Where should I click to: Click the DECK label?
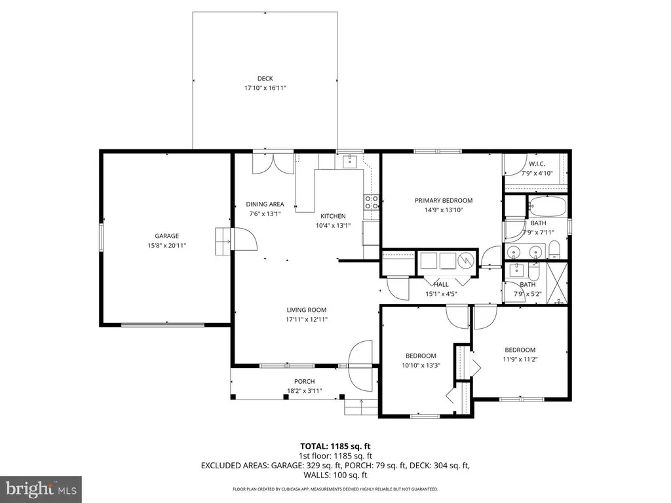click(x=265, y=79)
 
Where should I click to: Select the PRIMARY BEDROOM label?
click(x=443, y=201)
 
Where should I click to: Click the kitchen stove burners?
click(x=371, y=202)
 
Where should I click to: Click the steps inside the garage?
click(x=222, y=241)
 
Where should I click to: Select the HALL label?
click(x=441, y=284)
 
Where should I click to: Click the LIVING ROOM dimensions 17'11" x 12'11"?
click(x=306, y=320)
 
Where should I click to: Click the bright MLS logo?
click(x=41, y=489)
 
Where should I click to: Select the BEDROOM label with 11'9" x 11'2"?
click(x=520, y=350)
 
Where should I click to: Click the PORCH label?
click(x=304, y=382)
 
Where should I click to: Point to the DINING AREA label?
click(x=265, y=204)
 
